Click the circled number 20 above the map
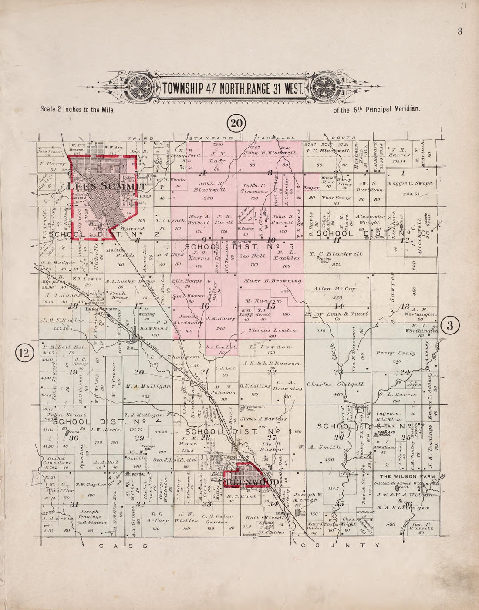click(x=236, y=124)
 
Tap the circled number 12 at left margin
click(x=24, y=353)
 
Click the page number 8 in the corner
click(x=459, y=31)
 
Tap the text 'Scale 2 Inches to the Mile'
click(x=78, y=110)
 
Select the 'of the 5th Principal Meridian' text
click(x=377, y=110)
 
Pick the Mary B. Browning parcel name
click(x=273, y=281)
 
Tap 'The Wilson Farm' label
click(x=407, y=477)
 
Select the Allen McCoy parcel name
click(x=334, y=289)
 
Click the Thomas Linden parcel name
click(x=273, y=330)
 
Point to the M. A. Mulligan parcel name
click(x=148, y=386)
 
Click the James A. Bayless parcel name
click(x=263, y=419)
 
